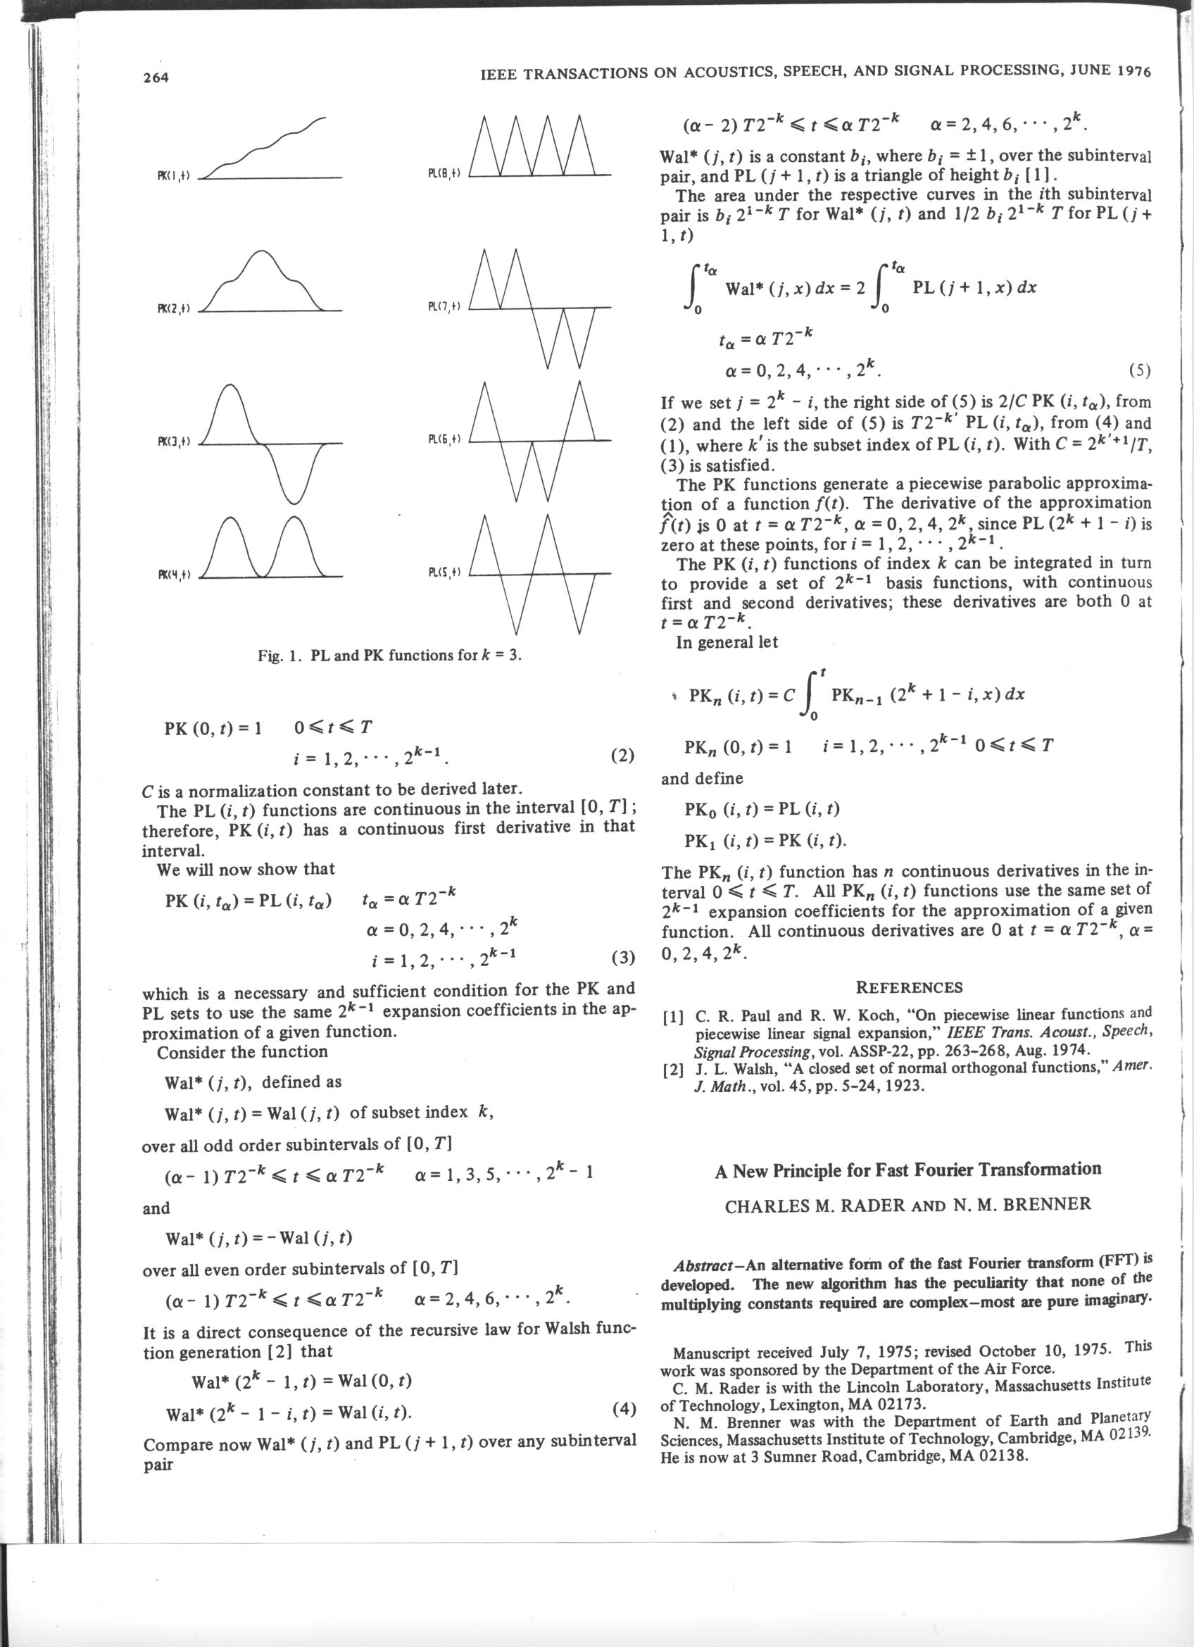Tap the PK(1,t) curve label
(172, 177)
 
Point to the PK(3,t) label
(172, 442)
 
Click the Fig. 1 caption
(390, 655)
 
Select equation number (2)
(623, 756)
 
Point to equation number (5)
(1140, 371)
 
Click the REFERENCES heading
(909, 988)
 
